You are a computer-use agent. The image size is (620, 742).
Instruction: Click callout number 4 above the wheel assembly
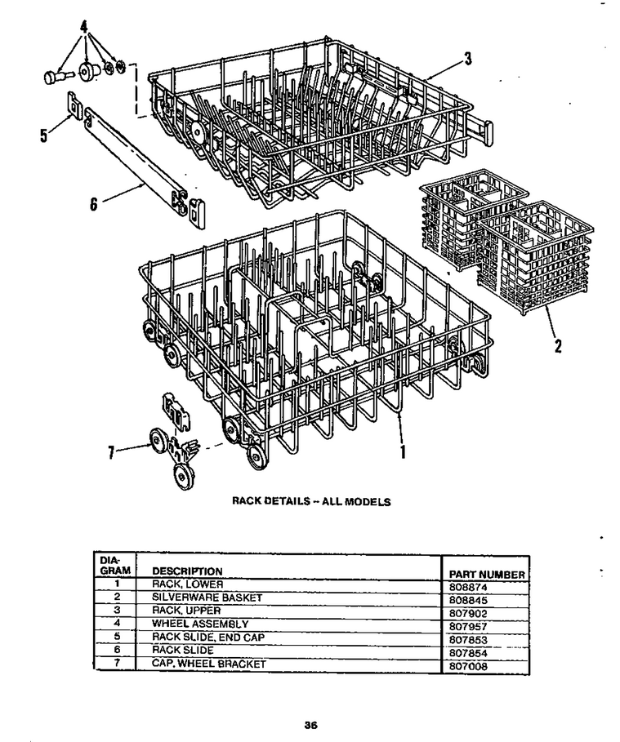pyautogui.click(x=84, y=26)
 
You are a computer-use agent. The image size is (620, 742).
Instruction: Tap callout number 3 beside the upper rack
pyautogui.click(x=468, y=58)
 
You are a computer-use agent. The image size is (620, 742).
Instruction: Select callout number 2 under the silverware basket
pyautogui.click(x=558, y=346)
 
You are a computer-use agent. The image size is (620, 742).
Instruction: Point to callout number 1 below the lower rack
pyautogui.click(x=403, y=451)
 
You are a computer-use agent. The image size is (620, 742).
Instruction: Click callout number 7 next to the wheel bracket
pyautogui.click(x=111, y=453)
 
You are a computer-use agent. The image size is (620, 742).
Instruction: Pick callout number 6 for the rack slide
pyautogui.click(x=94, y=204)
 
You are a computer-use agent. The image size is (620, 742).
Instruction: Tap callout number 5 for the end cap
pyautogui.click(x=44, y=136)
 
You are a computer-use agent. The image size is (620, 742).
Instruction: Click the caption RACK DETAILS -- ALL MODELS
pyautogui.click(x=311, y=501)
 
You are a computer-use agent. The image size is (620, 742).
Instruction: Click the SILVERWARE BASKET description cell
pyautogui.click(x=207, y=598)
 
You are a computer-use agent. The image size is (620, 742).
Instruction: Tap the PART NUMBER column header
pyautogui.click(x=487, y=575)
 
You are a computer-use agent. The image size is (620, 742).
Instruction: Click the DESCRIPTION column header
pyautogui.click(x=187, y=571)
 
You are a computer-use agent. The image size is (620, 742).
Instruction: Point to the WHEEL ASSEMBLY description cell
pyautogui.click(x=200, y=624)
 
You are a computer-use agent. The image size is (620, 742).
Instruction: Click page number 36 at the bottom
pyautogui.click(x=310, y=725)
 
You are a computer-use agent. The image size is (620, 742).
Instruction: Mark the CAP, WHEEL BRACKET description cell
pyautogui.click(x=209, y=664)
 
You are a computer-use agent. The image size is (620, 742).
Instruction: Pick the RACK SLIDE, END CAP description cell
pyautogui.click(x=208, y=638)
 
